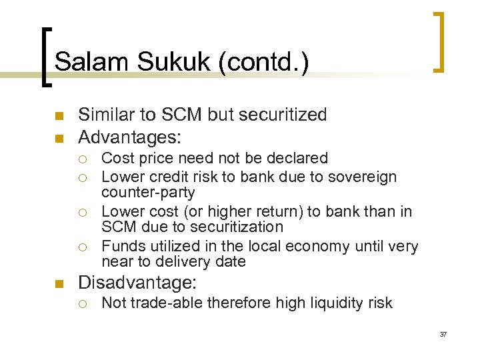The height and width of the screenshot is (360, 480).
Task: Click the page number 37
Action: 443,334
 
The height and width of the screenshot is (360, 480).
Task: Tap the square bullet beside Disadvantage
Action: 58,283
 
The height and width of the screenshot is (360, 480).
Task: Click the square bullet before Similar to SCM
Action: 58,116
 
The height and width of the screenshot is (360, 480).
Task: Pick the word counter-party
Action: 148,193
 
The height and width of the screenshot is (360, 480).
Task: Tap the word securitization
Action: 238,227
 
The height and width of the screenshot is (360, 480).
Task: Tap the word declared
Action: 299,158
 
